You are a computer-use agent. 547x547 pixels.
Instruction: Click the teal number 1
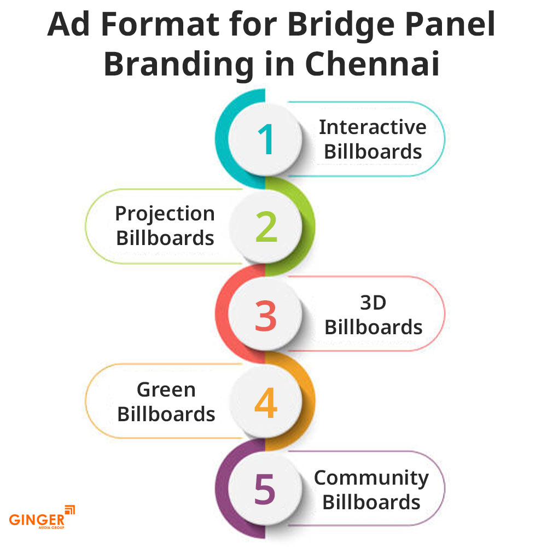tap(266, 139)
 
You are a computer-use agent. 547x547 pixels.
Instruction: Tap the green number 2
tap(266, 227)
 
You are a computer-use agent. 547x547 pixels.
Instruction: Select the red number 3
tap(266, 316)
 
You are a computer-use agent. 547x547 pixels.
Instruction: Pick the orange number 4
tap(266, 403)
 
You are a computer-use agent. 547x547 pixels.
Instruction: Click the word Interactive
tap(373, 127)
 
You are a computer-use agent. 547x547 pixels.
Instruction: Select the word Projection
tap(165, 214)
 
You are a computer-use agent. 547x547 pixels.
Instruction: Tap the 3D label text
tap(373, 302)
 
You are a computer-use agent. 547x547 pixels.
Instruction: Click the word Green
tap(166, 389)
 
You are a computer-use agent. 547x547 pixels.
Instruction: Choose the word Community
tap(371, 478)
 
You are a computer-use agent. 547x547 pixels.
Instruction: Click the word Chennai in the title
tap(372, 64)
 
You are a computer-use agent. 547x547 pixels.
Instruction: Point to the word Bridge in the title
tap(341, 25)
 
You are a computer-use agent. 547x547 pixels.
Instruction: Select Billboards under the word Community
tap(371, 502)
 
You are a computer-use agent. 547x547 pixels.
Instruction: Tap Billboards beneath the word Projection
tap(165, 238)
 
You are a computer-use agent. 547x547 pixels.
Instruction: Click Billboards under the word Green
tap(166, 415)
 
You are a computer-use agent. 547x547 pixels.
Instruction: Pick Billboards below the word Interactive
tap(373, 152)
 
